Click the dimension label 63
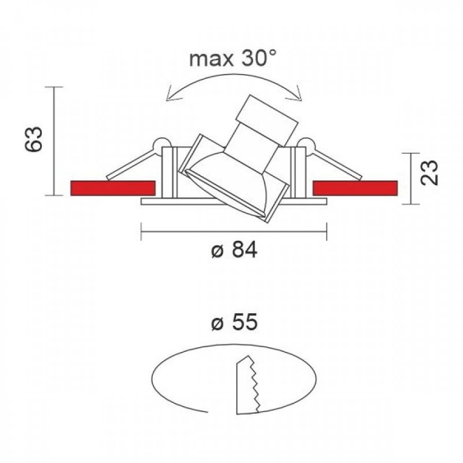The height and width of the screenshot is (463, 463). [x=33, y=139]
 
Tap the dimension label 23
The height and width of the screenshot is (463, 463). [x=429, y=172]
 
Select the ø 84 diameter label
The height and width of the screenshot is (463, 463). [x=234, y=250]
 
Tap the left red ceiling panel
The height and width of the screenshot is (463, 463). [x=113, y=188]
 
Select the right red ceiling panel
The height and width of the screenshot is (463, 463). [x=355, y=188]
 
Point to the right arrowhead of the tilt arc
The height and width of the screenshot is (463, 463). [x=297, y=94]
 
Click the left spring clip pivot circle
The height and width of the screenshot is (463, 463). [x=161, y=145]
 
